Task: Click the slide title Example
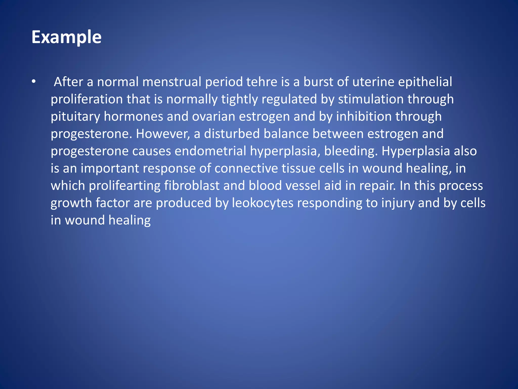pos(66,37)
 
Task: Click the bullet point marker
pos(34,82)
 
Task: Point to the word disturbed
pos(232,133)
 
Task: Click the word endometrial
pos(210,151)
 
